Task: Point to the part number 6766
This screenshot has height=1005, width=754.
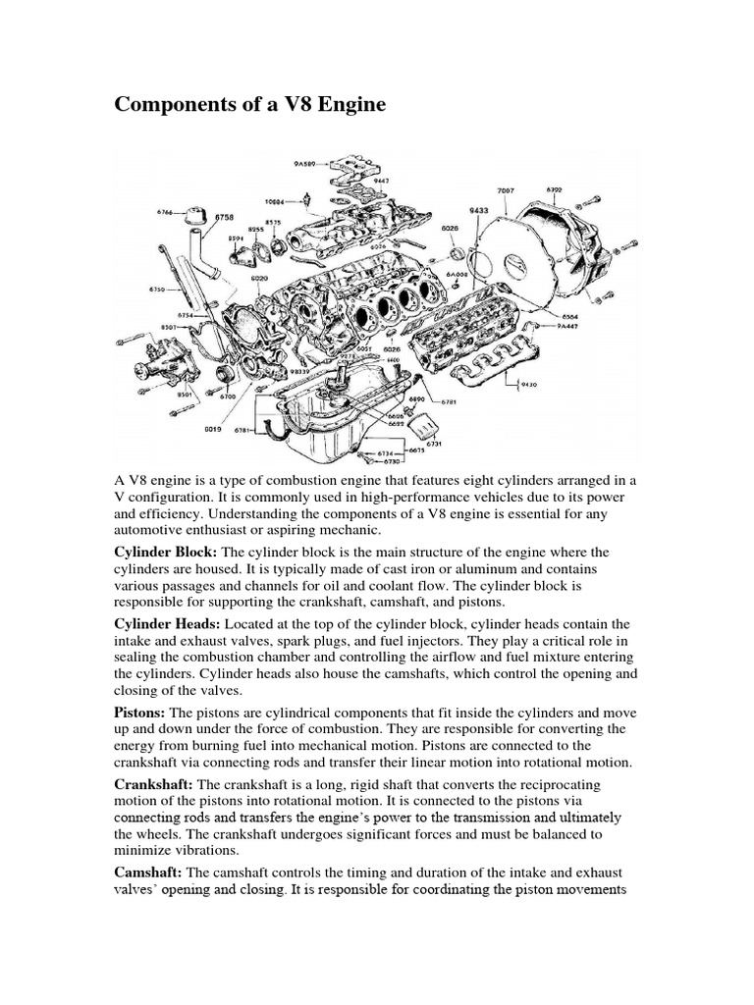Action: (x=166, y=210)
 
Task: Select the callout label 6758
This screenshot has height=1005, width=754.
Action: (x=225, y=216)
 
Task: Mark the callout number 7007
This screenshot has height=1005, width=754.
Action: (x=506, y=188)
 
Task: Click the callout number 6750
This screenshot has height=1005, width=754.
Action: (x=158, y=291)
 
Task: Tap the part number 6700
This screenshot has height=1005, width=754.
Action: (x=228, y=396)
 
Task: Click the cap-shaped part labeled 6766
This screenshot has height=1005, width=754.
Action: (x=193, y=213)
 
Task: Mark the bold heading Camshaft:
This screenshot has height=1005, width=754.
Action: (x=149, y=873)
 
